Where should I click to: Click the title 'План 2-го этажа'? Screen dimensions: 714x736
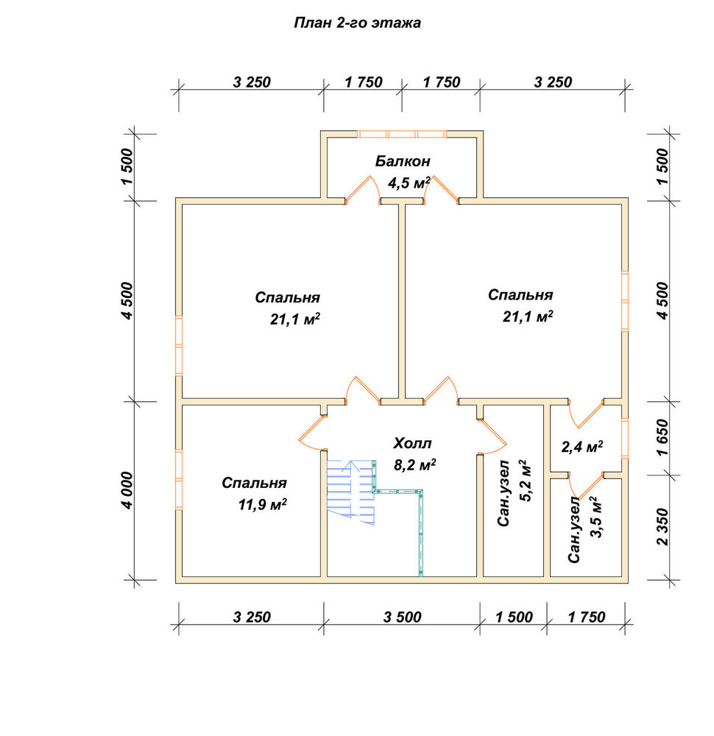357,23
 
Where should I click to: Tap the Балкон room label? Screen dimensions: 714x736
403,161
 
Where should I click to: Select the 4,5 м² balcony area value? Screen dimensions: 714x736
409,183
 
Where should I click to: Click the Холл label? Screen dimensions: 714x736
412,443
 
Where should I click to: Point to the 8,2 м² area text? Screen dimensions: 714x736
414,465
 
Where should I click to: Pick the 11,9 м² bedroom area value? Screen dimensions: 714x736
262,505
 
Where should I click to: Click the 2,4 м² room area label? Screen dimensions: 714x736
582,447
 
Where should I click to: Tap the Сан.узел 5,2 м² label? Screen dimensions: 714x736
514,493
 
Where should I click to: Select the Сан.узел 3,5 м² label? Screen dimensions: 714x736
584,529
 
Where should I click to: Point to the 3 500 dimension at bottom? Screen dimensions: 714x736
402,617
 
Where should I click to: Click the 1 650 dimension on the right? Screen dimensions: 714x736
662,437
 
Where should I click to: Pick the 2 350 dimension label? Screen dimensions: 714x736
662,527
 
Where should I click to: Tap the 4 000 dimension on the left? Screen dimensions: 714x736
127,490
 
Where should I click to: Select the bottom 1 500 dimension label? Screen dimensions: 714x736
514,617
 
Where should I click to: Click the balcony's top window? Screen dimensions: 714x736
402,134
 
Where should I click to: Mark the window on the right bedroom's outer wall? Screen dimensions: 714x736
625,301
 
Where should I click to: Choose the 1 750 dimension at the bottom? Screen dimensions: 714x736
587,617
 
